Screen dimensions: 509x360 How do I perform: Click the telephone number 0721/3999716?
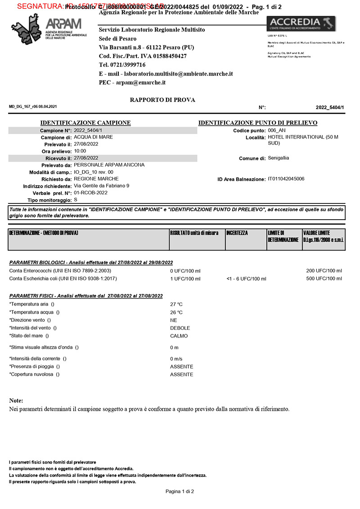coord(121,65)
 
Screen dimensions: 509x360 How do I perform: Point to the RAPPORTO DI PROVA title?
coord(162,100)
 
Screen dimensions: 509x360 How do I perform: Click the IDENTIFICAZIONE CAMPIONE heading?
coord(85,123)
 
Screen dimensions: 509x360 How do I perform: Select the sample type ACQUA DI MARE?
coord(93,137)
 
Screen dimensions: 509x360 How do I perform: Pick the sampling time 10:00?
coord(80,151)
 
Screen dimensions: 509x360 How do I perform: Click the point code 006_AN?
coord(277,130)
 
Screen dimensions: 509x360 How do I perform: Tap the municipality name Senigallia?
coord(279,158)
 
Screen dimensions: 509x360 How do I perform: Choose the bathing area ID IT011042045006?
coord(286,179)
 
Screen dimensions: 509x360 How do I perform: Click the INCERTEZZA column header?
coord(237,233)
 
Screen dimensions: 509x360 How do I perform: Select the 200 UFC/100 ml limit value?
coord(324,270)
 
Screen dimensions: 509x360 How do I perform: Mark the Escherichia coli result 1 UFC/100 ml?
coord(185,279)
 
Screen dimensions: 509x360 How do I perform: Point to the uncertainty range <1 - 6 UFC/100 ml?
coord(246,279)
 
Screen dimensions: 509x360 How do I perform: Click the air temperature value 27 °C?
coord(176,304)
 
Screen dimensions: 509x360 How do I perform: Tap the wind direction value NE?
coord(173,320)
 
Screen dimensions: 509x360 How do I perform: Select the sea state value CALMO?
coord(179,336)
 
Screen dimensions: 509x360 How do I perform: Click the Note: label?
coord(16,401)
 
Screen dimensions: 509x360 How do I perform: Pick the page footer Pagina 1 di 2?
coord(180,491)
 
